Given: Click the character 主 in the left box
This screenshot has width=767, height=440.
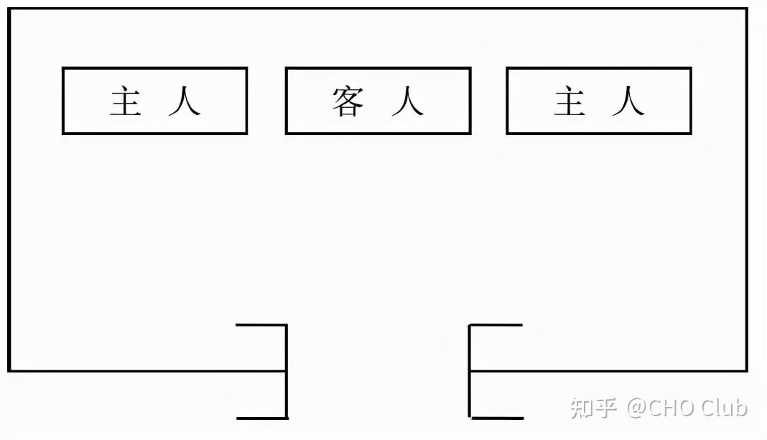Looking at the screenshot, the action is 126,101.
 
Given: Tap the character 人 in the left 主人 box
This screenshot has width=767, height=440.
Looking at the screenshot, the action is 185,101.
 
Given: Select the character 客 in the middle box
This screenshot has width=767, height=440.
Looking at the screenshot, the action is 348,101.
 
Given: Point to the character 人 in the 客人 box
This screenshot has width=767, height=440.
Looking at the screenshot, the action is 407,101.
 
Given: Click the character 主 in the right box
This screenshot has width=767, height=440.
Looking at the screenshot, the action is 570,101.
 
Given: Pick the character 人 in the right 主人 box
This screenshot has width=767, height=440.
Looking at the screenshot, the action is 628,101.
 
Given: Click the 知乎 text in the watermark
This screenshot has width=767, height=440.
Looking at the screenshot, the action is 593,408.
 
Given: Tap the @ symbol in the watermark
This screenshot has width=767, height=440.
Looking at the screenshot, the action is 637,408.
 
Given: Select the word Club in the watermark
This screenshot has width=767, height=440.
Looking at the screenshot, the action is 724,408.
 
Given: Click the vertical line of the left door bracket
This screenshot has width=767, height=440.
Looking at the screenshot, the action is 287,372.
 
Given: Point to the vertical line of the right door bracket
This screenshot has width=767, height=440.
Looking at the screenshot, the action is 470,372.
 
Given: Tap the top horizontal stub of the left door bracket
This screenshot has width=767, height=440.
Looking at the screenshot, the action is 261,324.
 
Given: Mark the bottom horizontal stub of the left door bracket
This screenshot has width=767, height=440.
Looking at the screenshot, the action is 262,418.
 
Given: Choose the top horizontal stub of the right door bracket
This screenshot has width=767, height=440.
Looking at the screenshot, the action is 496,324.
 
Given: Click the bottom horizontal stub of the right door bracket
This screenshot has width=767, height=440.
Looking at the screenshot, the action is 496,418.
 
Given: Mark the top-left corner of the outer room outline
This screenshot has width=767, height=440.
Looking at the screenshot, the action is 9,9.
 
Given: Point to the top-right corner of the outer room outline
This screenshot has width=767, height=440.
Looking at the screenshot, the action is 746,9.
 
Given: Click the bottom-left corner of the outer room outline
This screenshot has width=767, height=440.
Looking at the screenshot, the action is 9,370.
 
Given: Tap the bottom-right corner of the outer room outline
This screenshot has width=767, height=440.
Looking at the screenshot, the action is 746,370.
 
